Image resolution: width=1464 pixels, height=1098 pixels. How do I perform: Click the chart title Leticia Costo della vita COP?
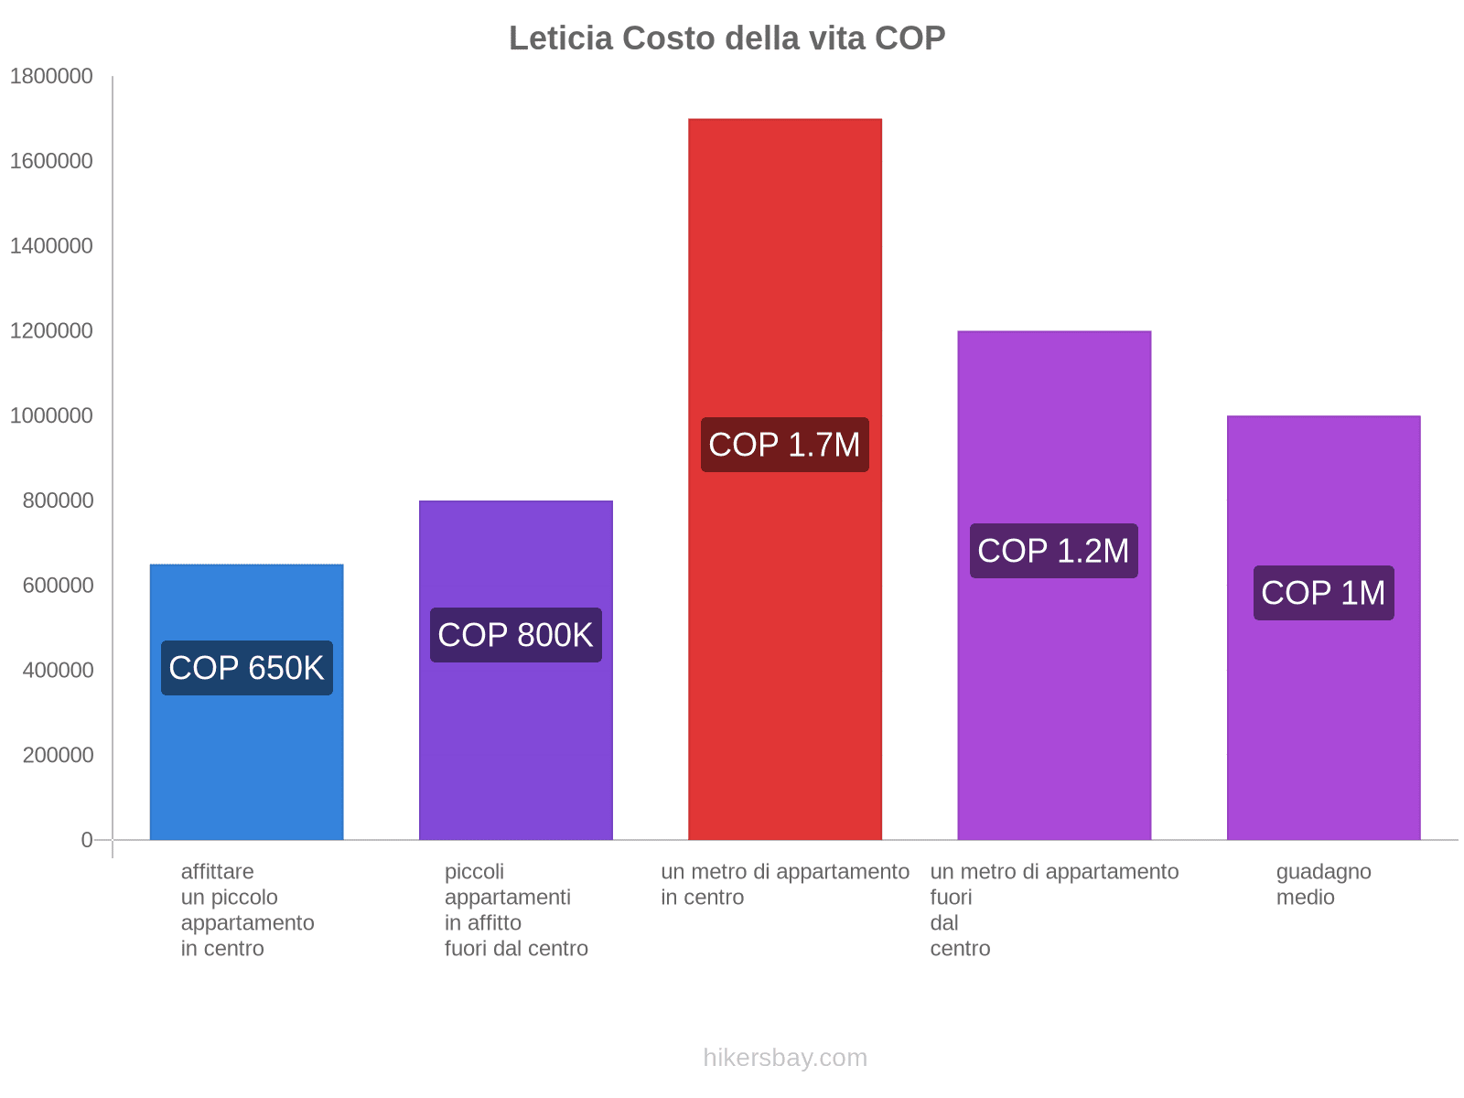[x=727, y=38]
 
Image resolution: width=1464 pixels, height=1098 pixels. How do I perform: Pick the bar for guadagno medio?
[x=1323, y=732]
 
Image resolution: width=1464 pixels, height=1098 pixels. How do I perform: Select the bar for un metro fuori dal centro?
[x=1053, y=714]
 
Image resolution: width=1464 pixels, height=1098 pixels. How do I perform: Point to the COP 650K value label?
[x=246, y=668]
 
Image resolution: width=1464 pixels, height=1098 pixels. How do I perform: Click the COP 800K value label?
[x=515, y=635]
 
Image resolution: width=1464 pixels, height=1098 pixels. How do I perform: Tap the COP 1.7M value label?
[x=784, y=445]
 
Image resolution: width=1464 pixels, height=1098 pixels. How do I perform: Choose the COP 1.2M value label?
[x=1053, y=551]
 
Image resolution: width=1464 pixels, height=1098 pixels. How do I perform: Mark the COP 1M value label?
[x=1323, y=593]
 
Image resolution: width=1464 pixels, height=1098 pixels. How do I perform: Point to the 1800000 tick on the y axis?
[x=51, y=76]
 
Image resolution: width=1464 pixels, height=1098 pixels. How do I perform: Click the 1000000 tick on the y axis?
[x=51, y=415]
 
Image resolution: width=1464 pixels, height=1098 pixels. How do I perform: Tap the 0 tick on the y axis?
[x=87, y=840]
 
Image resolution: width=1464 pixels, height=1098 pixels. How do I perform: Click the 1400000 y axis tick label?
[x=51, y=246]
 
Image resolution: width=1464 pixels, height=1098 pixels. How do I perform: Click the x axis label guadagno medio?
[x=1323, y=884]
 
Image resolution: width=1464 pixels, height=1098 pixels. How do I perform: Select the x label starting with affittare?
[x=246, y=910]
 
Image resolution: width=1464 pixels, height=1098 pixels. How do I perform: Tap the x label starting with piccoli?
[x=515, y=910]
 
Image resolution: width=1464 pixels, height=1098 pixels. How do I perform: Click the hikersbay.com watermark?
[x=784, y=1058]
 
